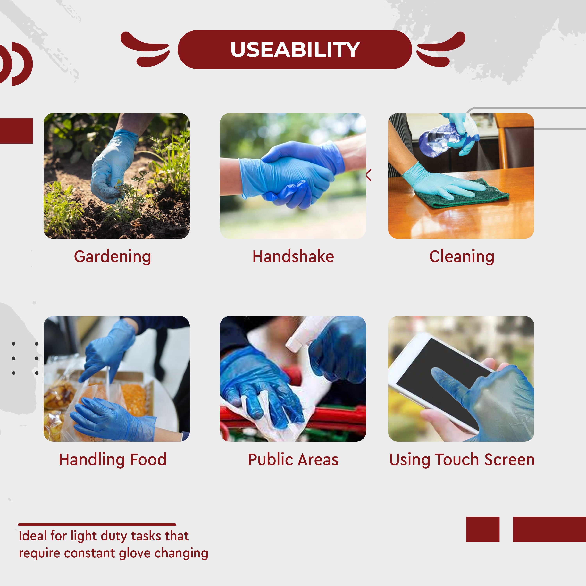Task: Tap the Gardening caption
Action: coord(113,257)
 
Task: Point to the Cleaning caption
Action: coord(461,257)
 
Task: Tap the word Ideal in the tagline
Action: coord(33,536)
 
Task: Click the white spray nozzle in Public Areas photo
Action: coord(303,334)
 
